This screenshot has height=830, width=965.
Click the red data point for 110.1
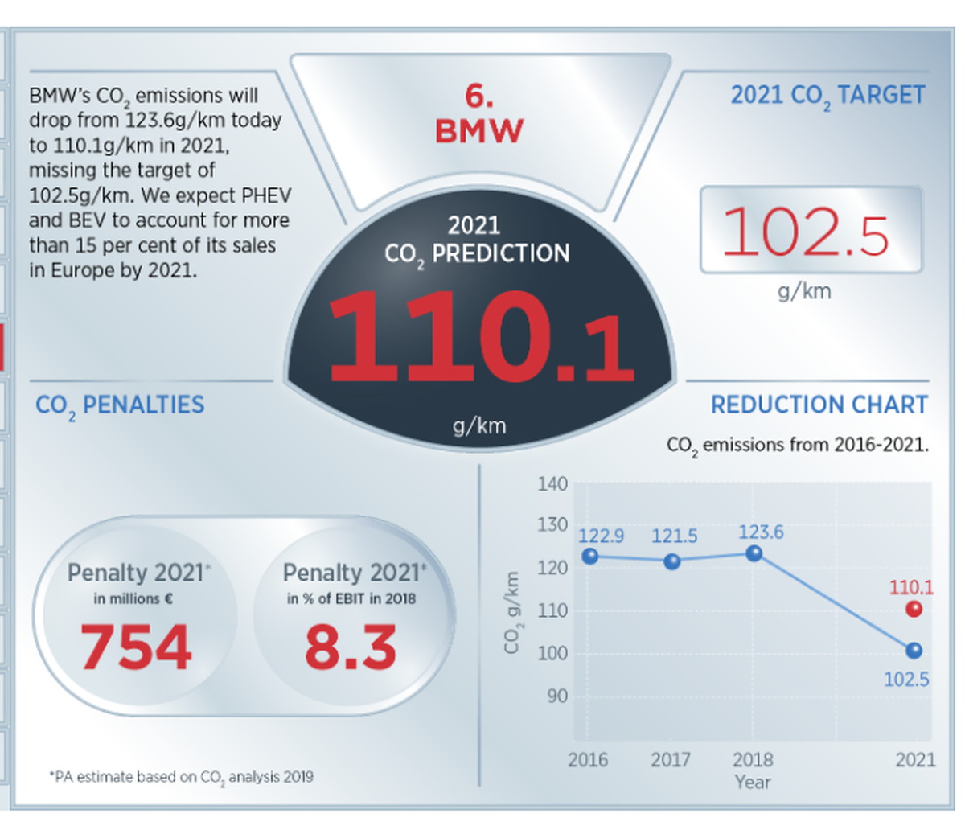[x=914, y=609]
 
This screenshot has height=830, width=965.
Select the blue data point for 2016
[x=589, y=556]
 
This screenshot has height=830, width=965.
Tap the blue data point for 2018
[x=754, y=553]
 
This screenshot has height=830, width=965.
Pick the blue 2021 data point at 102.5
[x=914, y=651]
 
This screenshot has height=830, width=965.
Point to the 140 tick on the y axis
[x=552, y=483]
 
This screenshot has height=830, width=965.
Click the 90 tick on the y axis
[x=556, y=696]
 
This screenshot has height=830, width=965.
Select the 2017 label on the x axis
[x=671, y=759]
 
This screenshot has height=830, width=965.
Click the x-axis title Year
[x=752, y=782]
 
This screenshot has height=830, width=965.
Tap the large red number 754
[x=136, y=647]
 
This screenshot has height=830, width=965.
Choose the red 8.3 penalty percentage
[x=351, y=647]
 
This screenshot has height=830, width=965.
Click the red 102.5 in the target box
[x=807, y=232]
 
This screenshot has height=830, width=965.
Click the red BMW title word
[x=479, y=130]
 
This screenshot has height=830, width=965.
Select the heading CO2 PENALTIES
[x=120, y=405]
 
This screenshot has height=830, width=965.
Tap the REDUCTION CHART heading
[x=819, y=405]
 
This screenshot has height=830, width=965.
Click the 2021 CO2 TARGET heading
[x=827, y=96]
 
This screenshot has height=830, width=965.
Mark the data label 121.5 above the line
[x=674, y=536]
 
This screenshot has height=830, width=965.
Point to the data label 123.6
[x=760, y=532]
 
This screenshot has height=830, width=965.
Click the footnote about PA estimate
[x=181, y=777]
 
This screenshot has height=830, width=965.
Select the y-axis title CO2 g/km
[x=512, y=612]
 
